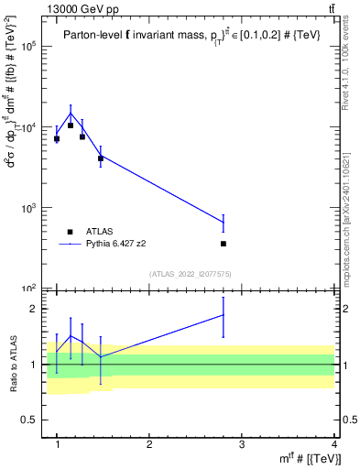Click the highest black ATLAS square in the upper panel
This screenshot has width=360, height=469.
coord(70,125)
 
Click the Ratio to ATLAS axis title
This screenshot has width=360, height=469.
coord(13,365)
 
